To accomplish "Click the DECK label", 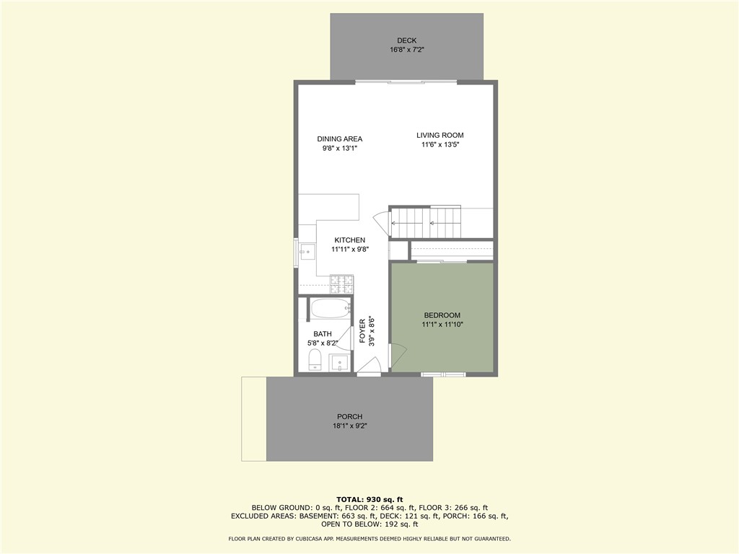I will point(406,40).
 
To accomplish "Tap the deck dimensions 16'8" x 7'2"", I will point(406,50).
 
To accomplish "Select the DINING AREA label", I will point(339,139).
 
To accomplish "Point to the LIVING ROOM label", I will point(440,135).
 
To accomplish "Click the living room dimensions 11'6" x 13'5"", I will point(440,145).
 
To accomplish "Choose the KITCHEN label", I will point(349,240).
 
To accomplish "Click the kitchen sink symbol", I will point(308,252).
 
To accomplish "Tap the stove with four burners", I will point(341,283).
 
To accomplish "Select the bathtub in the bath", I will point(330,309).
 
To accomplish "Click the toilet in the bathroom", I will point(315,359).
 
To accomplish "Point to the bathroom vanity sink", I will point(340,361).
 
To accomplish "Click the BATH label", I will point(322,334).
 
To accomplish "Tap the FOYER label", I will point(363,331).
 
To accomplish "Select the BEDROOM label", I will point(442,315).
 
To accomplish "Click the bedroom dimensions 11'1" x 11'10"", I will point(442,325).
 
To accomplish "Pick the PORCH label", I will point(349,417).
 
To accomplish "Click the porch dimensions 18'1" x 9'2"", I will point(349,426).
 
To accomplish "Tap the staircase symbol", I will point(426,222).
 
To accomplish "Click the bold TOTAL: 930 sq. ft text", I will point(369,499).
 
